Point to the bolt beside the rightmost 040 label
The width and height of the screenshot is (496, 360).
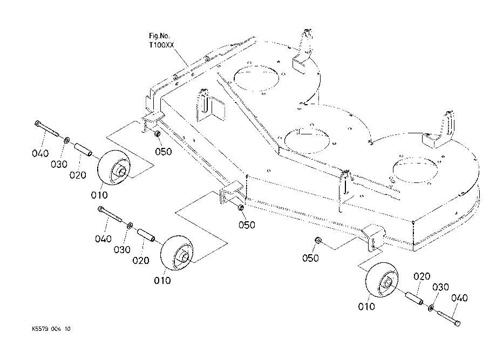(x=449, y=316)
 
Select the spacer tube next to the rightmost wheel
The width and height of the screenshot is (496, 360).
(x=413, y=298)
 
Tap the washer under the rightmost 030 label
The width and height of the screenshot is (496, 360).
(x=431, y=308)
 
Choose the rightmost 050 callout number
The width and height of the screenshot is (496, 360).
(x=310, y=259)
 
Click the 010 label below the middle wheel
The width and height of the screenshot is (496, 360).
(x=162, y=281)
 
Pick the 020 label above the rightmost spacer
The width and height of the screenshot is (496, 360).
(x=422, y=277)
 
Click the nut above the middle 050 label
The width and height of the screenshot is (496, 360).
(x=241, y=208)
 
